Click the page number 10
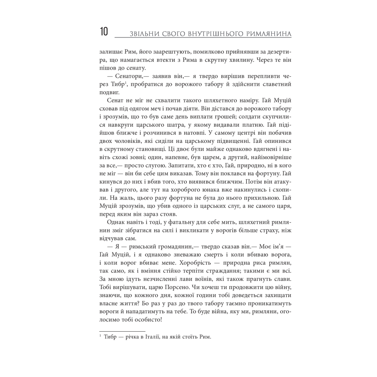tap(103, 32)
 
